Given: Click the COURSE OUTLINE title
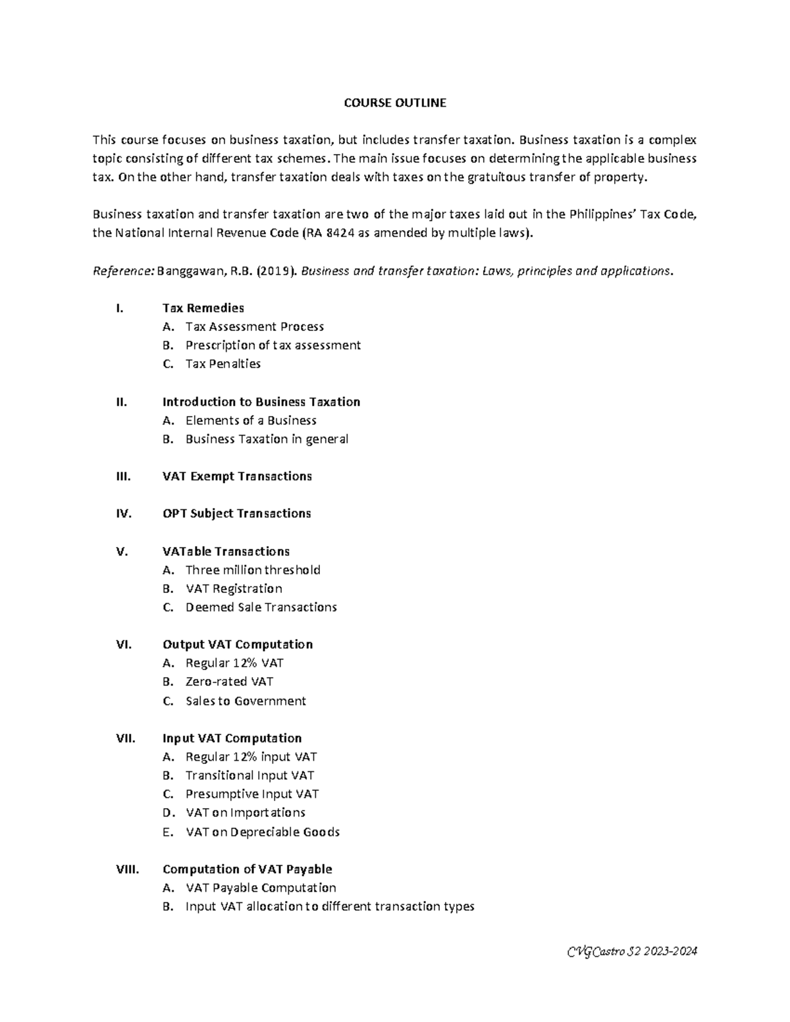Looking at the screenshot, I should tap(395, 103).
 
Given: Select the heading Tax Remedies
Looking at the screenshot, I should tap(203, 308).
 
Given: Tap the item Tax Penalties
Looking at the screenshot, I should tap(223, 364).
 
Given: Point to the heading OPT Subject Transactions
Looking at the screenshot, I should tap(236, 513).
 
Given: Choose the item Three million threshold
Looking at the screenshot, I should tap(253, 570).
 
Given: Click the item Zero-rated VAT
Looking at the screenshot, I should tap(229, 682).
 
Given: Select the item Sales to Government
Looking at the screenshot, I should tap(246, 701).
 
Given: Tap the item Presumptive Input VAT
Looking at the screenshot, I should tap(252, 794).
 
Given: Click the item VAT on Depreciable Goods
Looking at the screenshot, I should tap(263, 832).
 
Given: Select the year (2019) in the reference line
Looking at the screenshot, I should tap(275, 271).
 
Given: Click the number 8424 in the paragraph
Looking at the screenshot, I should tap(340, 233).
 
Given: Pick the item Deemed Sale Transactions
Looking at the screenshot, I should tap(261, 607).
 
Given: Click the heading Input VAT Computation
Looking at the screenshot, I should tap(232, 738).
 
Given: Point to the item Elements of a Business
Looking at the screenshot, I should tap(251, 421).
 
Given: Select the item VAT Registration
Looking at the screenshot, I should tap(234, 588).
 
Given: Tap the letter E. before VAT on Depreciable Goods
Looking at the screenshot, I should tap(167, 832).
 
